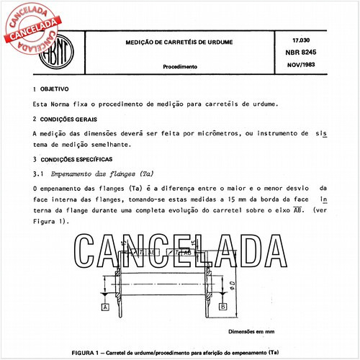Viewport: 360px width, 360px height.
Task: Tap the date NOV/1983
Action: click(x=307, y=66)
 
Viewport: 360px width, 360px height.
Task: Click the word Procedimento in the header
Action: click(x=180, y=66)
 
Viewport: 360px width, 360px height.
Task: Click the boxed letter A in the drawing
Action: click(x=105, y=307)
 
